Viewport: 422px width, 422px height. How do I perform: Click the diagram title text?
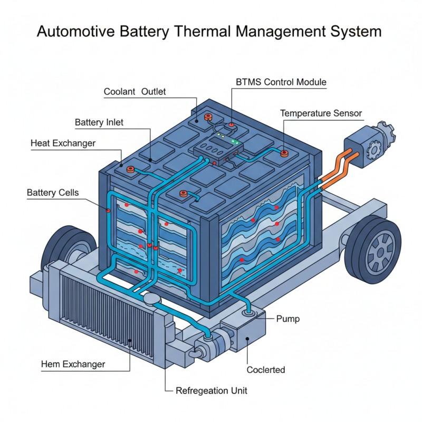209,31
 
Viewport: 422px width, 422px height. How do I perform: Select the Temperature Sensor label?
321,113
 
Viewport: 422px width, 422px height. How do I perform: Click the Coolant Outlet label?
135,92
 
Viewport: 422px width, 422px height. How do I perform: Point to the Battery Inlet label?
99,123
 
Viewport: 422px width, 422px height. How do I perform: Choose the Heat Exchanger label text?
63,143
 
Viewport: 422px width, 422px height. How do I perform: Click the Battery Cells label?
53,193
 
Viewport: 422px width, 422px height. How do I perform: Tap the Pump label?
288,319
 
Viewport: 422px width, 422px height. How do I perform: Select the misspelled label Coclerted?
266,370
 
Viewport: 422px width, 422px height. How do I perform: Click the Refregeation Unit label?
211,391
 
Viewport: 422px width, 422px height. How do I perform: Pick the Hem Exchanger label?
73,365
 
